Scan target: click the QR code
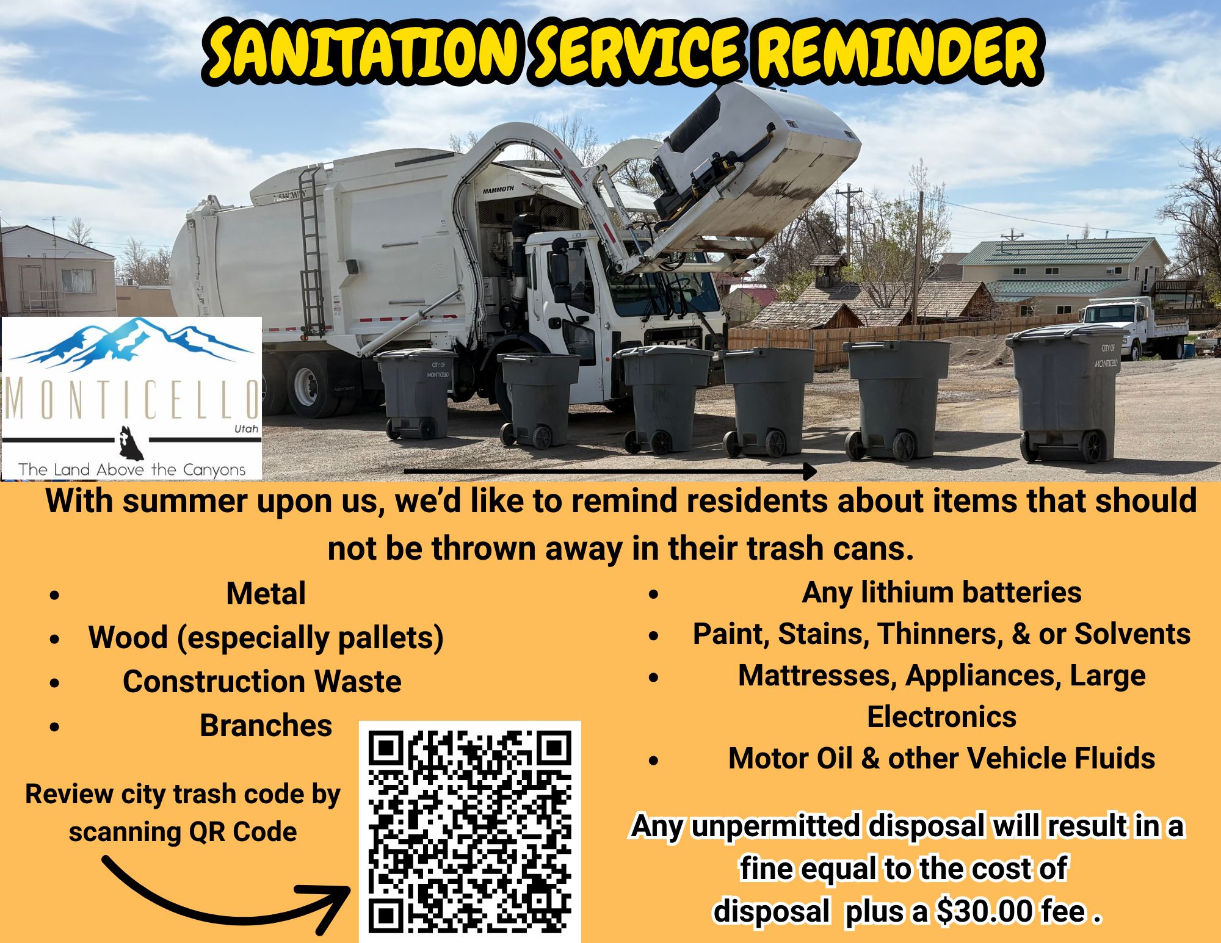[470, 832]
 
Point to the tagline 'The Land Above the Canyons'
[132, 469]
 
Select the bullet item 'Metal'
[266, 593]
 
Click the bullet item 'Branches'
[266, 726]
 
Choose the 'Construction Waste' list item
[262, 681]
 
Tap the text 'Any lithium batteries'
[941, 593]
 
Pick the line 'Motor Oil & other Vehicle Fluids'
[941, 759]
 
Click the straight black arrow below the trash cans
[610, 471]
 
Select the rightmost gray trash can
[1065, 393]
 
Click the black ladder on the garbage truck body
[312, 250]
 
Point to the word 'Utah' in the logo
[247, 429]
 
